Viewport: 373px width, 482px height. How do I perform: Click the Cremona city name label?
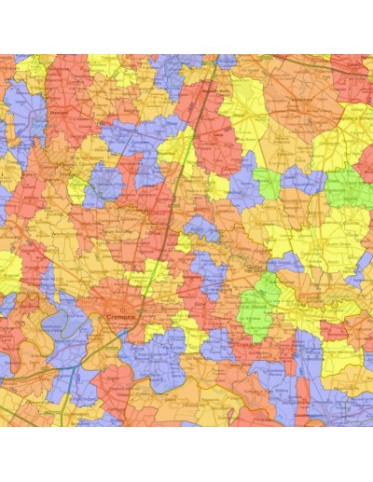(122, 318)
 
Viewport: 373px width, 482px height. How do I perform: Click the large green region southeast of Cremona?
(260, 303)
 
